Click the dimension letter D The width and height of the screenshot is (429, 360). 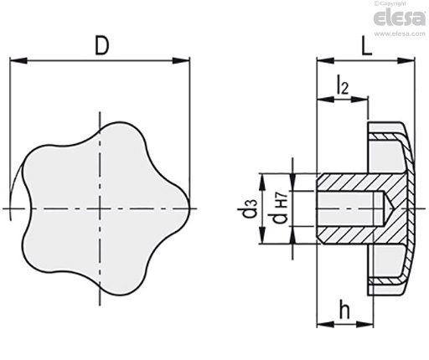(x=101, y=45)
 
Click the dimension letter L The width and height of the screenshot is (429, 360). (x=367, y=45)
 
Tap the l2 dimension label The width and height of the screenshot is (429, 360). (x=343, y=86)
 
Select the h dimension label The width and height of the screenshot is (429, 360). (x=344, y=309)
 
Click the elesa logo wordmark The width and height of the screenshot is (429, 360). (x=400, y=18)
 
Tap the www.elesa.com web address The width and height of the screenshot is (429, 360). (x=400, y=34)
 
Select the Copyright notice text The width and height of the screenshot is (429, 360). (x=390, y=3)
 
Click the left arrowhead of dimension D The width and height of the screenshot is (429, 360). (x=18, y=60)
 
